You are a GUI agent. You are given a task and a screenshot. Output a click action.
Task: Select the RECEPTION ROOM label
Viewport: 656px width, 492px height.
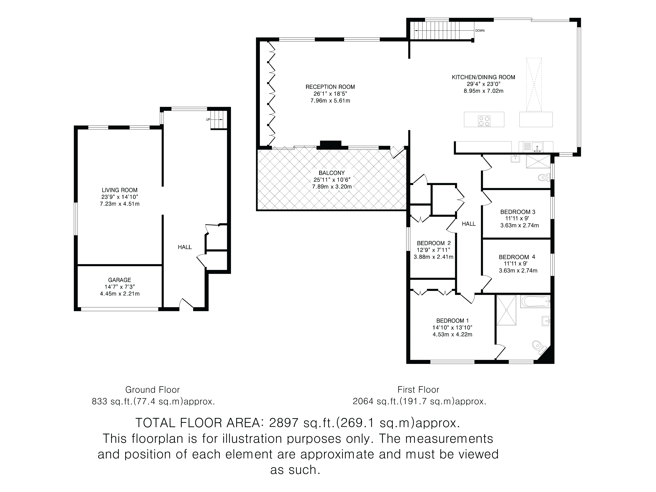(x=330, y=87)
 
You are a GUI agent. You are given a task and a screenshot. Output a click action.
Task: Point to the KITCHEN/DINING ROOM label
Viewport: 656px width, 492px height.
(x=483, y=77)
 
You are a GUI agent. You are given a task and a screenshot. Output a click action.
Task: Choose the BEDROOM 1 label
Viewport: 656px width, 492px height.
(x=452, y=321)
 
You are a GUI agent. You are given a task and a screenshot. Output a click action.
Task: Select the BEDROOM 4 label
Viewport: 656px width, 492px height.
(x=517, y=257)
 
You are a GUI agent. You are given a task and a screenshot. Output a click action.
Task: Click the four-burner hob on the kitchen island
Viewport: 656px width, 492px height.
(x=484, y=121)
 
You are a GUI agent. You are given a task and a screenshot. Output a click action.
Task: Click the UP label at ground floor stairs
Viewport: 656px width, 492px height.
(x=208, y=120)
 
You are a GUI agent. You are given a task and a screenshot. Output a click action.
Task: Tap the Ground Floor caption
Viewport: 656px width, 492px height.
(x=152, y=389)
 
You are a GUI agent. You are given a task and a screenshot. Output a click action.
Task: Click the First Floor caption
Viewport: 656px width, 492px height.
(x=418, y=389)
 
